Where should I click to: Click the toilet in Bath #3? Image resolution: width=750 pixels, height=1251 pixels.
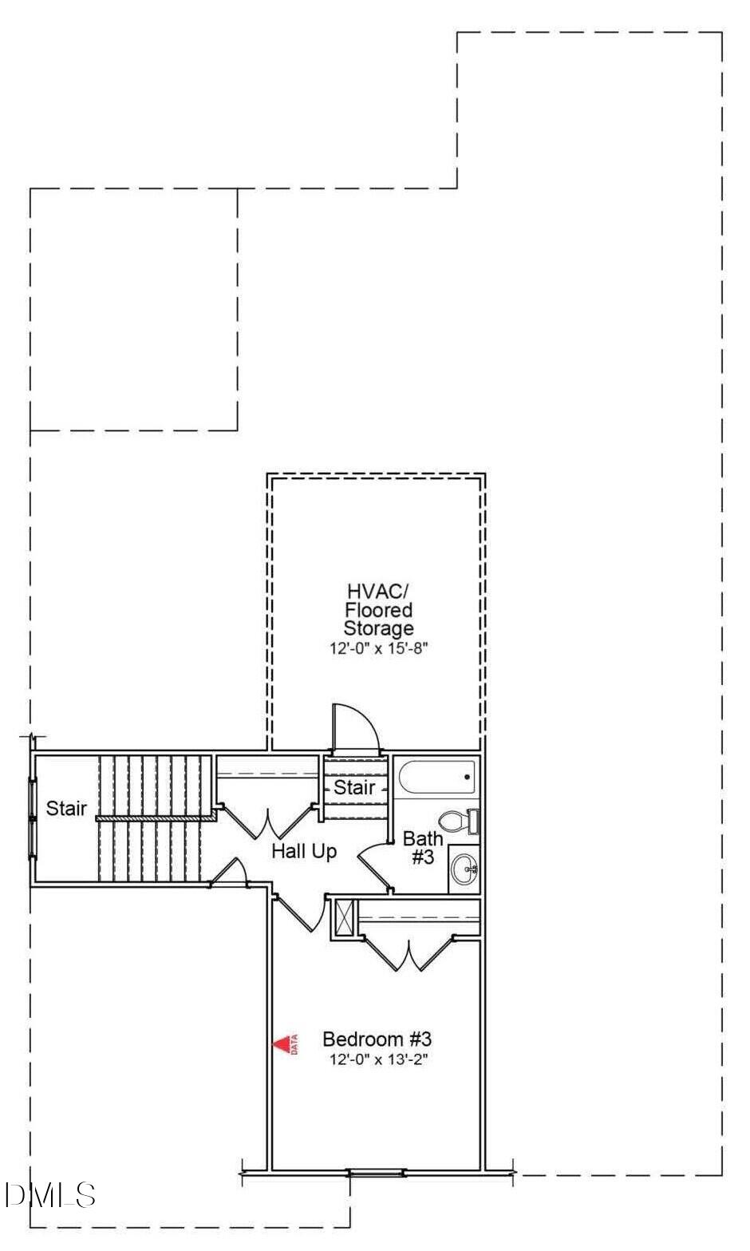[459, 821]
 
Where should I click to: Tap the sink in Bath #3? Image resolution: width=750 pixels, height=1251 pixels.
[464, 869]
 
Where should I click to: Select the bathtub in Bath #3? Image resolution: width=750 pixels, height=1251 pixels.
[437, 776]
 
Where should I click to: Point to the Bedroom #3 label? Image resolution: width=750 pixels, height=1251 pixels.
[377, 1039]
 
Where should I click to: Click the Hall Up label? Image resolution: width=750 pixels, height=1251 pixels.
[304, 851]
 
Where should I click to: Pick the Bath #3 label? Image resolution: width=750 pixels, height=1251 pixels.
[423, 847]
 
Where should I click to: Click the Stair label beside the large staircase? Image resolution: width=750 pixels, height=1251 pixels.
[66, 808]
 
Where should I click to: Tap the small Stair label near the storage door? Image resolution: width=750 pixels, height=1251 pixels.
[354, 787]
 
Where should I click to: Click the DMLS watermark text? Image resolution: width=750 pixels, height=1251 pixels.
[49, 1195]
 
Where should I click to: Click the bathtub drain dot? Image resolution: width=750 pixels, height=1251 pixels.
[467, 777]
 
